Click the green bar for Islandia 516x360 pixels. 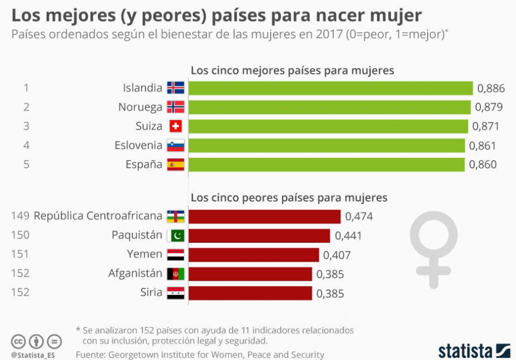pos(330,88)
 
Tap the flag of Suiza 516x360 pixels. pos(176,126)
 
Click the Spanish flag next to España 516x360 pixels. pos(176,164)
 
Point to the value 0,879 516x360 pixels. pos(489,107)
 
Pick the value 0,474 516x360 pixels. pos(359,216)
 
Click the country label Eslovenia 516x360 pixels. pos(138,146)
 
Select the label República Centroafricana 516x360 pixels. pos(98,216)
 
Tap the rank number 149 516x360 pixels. pos(20,216)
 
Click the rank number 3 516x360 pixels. pos(26,126)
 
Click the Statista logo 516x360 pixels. pos(474,351)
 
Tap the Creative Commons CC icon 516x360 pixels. pos(18,341)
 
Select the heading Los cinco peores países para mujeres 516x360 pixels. pos(289,198)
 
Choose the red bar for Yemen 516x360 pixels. pos(254,255)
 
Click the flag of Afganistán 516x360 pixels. pos(176,274)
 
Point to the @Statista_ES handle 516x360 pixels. pos(32,354)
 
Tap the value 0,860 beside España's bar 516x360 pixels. pos(483,164)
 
